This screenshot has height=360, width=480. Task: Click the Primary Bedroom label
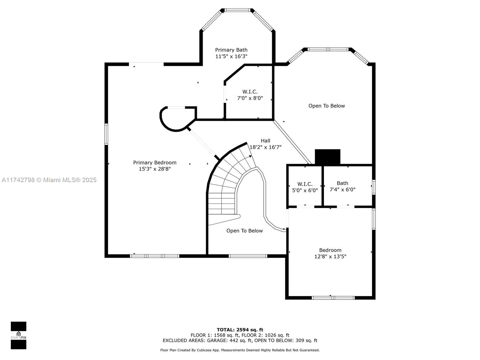click(154, 162)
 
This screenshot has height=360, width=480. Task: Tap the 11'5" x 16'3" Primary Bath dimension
click(231, 56)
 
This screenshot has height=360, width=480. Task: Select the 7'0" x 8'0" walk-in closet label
click(250, 98)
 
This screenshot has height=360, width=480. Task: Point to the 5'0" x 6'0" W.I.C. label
click(305, 190)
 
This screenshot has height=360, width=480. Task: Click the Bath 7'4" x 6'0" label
click(343, 186)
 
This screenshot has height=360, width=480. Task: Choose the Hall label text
click(265, 141)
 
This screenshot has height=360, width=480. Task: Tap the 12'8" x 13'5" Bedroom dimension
click(330, 256)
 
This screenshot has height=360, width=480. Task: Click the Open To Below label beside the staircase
click(244, 231)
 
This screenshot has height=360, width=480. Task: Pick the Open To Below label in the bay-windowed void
click(326, 106)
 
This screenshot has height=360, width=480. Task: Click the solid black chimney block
click(327, 157)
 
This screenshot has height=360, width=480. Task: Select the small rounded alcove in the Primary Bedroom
click(177, 119)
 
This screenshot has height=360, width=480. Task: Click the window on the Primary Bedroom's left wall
click(106, 134)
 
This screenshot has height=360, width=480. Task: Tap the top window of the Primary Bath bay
click(237, 10)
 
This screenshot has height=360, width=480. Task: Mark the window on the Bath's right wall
click(374, 187)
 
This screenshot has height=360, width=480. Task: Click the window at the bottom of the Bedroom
click(333, 298)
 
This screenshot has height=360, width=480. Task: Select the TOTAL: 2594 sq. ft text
click(240, 330)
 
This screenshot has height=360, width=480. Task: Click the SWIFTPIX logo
click(19, 335)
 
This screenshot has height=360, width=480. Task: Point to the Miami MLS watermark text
click(49, 180)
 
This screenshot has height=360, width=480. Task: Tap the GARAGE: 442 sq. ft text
click(229, 340)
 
